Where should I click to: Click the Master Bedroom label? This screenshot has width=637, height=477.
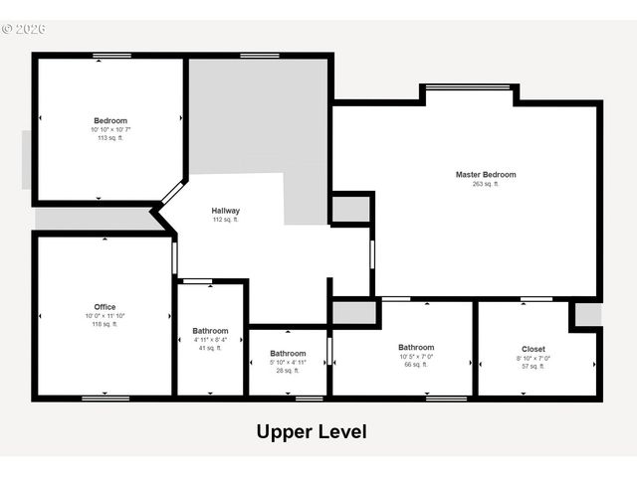(x=486, y=175)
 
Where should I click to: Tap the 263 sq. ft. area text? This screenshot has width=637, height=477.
(x=486, y=184)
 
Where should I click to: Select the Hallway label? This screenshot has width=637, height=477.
(x=225, y=211)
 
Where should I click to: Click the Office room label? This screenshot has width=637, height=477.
(x=105, y=307)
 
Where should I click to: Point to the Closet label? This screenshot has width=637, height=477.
(x=533, y=349)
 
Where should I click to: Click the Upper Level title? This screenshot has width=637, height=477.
(x=312, y=432)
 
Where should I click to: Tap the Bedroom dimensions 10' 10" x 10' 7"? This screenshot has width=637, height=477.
(x=110, y=130)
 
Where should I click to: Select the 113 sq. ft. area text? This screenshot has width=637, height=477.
(x=110, y=138)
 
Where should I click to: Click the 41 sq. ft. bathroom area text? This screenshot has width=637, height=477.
(x=210, y=348)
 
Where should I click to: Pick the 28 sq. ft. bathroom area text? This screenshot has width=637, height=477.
(x=288, y=371)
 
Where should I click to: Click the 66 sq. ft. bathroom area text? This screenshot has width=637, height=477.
(x=416, y=365)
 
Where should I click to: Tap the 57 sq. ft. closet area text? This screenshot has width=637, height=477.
(x=533, y=367)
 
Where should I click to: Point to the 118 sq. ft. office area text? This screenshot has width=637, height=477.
(x=105, y=324)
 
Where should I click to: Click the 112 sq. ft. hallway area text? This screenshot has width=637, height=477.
(x=225, y=220)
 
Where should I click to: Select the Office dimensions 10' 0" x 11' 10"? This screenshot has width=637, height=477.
(x=105, y=316)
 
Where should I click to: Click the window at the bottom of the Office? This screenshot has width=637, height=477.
(x=105, y=398)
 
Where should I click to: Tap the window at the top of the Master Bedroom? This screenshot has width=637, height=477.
(x=468, y=86)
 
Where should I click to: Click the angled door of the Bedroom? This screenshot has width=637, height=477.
(x=172, y=192)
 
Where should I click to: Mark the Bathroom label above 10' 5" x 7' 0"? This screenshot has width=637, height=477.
(x=416, y=348)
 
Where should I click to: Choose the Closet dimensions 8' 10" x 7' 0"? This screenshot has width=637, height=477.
(x=533, y=358)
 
